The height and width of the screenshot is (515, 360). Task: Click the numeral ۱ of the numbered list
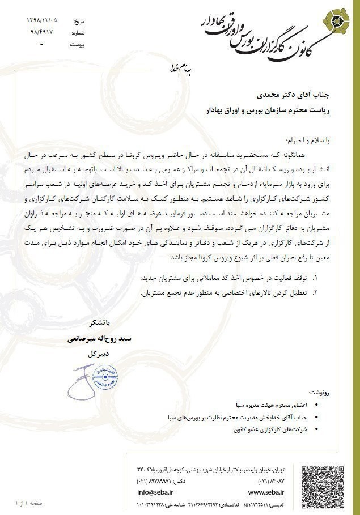(x=315, y=278)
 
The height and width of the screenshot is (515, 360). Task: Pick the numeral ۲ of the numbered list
(x=315, y=292)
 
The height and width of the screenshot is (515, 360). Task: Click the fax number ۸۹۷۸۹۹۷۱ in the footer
(x=155, y=481)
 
